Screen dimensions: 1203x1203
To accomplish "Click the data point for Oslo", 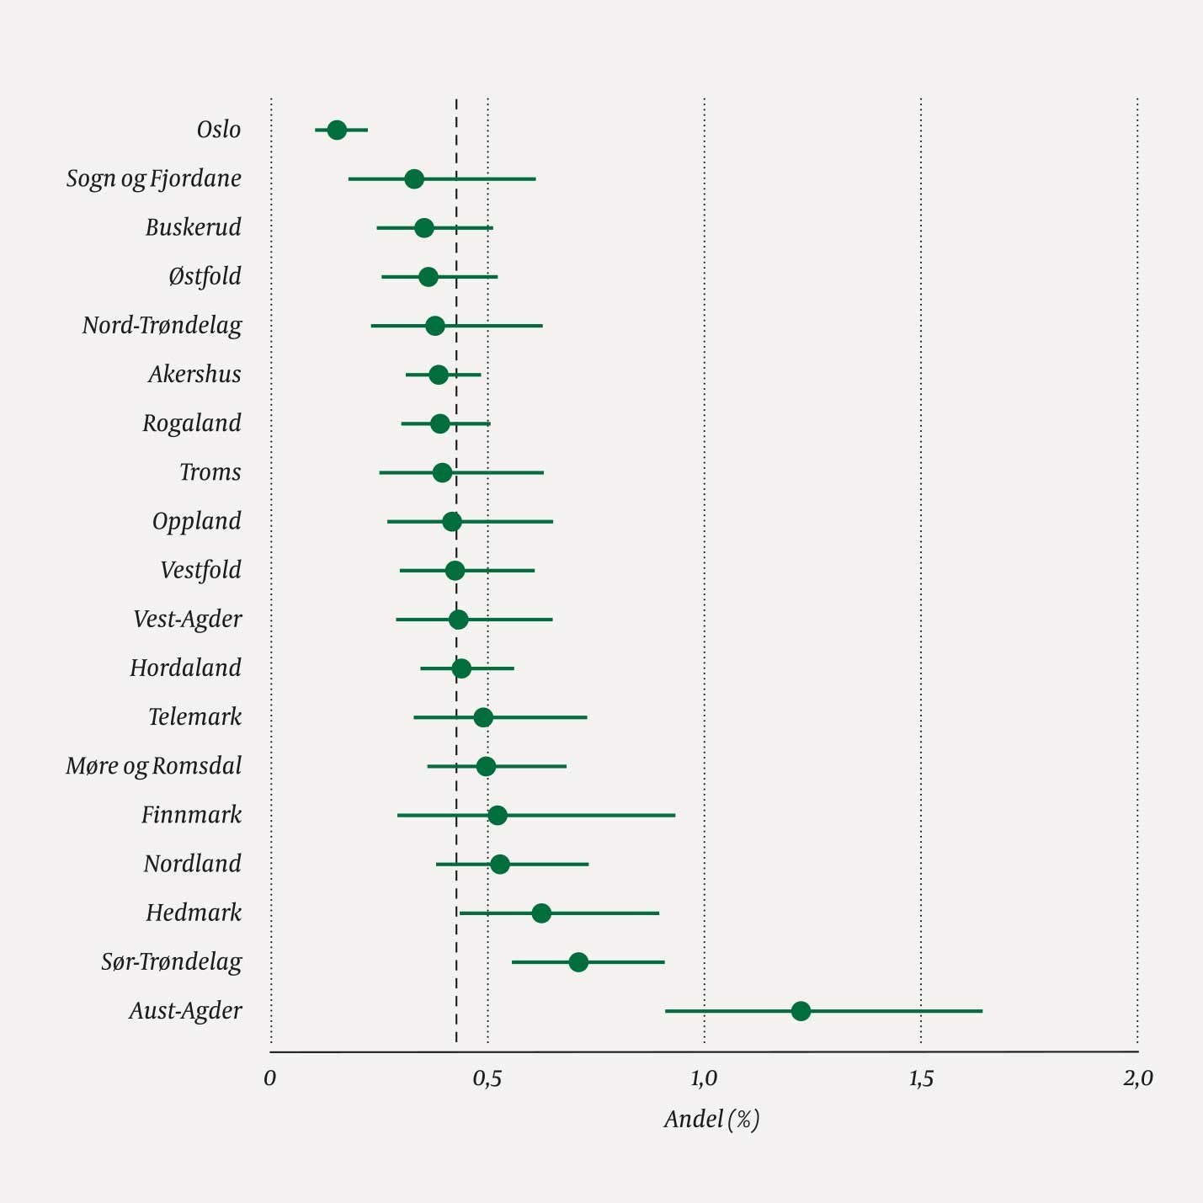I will point(337,130).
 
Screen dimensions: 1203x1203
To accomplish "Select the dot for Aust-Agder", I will point(801,1010).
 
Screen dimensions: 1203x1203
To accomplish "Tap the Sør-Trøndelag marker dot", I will point(578,961).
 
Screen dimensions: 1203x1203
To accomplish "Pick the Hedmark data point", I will point(541,913).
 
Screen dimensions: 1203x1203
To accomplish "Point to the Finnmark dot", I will point(498,815).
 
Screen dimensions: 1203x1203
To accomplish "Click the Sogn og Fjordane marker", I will point(413,178).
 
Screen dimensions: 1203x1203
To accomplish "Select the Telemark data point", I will point(483,717).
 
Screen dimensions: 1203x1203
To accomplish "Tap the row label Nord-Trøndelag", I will point(162,326).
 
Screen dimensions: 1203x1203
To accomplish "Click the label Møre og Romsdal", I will point(153,766).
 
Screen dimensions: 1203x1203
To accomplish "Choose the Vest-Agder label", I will point(187,620).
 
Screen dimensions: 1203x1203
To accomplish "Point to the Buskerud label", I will point(193,228).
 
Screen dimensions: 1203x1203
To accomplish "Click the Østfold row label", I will point(205,277).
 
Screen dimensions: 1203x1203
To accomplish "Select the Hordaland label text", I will point(185,668).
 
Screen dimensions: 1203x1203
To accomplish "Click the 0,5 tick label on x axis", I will point(487,1078).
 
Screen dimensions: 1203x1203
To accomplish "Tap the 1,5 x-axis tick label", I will point(921,1078).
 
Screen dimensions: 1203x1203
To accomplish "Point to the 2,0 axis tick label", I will point(1137,1078).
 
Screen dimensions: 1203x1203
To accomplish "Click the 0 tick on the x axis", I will point(270,1078).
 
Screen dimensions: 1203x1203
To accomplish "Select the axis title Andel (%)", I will point(711,1119).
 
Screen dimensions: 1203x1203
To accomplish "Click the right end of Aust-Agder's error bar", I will point(982,1010).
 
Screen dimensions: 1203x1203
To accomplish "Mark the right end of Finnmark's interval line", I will point(674,815).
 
